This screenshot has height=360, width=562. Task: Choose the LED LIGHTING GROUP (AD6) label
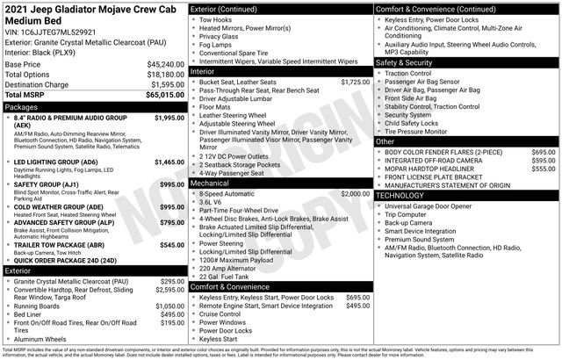[56, 162]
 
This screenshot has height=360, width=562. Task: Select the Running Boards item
[40, 306]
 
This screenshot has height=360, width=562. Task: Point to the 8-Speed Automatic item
[230, 193]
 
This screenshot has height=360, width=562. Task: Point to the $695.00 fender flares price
[543, 152]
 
